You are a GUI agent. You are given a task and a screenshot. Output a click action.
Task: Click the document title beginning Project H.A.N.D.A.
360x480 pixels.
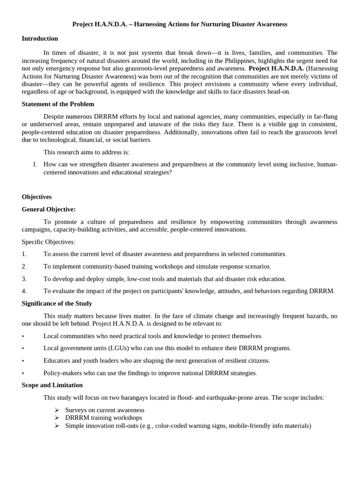(x=180, y=24)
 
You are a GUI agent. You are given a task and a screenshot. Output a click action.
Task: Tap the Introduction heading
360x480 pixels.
(x=40, y=38)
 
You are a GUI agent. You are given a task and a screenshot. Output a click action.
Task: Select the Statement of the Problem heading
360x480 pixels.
(x=58, y=104)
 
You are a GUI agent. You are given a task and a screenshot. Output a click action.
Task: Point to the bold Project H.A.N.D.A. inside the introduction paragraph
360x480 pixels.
(x=276, y=68)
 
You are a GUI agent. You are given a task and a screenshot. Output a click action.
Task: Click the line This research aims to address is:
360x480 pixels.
(x=86, y=152)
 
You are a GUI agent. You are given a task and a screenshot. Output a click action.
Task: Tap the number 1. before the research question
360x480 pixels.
(x=35, y=164)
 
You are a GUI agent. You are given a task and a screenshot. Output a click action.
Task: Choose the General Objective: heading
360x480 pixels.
(x=48, y=209)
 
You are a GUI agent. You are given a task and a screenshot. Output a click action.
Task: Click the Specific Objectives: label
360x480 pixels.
(x=48, y=242)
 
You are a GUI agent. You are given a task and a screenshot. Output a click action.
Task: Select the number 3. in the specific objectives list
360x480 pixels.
(x=24, y=278)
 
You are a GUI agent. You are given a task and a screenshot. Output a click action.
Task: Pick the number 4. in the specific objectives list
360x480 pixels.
(x=24, y=291)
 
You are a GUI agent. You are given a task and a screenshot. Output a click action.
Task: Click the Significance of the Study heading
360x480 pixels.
(x=57, y=303)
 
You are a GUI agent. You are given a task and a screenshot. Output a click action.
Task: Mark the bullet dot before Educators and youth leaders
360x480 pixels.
(x=23, y=360)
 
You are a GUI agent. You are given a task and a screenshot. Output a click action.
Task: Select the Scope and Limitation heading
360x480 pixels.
(x=52, y=385)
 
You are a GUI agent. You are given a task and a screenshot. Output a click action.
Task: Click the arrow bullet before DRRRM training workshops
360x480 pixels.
(x=57, y=418)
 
